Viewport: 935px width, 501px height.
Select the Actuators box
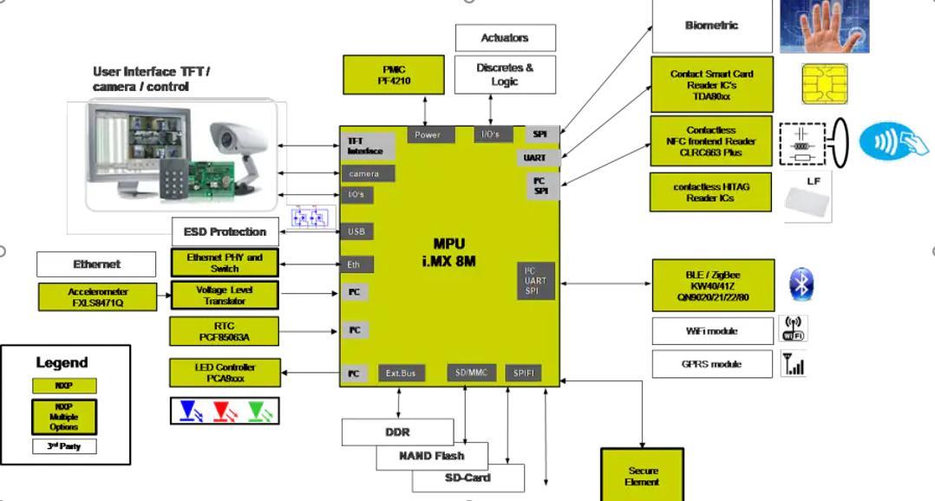(505, 38)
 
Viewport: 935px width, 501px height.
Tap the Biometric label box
(711, 26)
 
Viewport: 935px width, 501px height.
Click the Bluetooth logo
(801, 285)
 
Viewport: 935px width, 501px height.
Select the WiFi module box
(711, 331)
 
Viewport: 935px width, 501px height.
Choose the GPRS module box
(711, 364)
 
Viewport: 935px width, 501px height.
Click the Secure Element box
(643, 476)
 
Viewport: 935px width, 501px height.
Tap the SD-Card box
(468, 478)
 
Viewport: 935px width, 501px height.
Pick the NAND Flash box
(431, 456)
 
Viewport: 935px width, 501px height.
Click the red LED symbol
(225, 410)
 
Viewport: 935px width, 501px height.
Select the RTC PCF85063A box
(225, 330)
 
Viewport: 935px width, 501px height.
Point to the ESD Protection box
(225, 231)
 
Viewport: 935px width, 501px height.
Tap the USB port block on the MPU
(356, 231)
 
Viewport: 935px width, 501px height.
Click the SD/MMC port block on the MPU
(472, 373)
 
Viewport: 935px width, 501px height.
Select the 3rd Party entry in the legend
(64, 446)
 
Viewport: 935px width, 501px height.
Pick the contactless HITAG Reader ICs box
(710, 192)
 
